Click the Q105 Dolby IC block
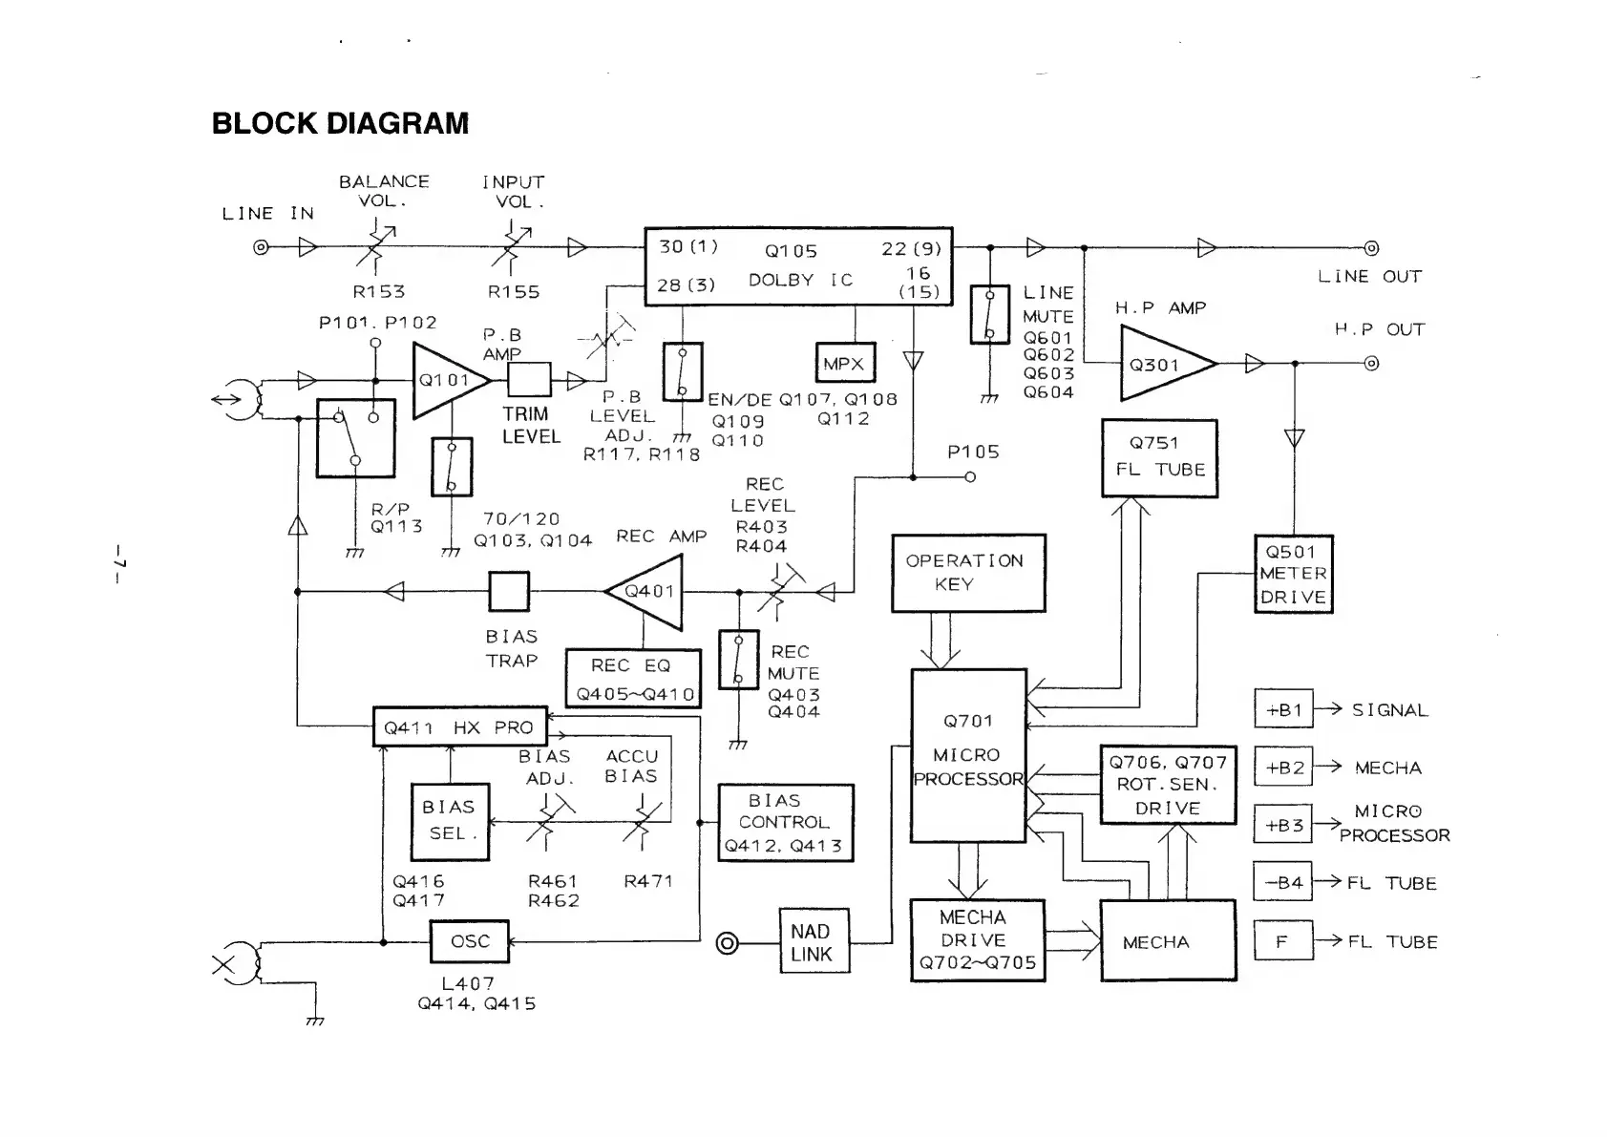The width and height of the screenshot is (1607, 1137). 798,266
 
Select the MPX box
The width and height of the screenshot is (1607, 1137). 845,363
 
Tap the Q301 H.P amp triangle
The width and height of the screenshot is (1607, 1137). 1161,364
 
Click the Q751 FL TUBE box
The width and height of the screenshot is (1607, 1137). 1159,458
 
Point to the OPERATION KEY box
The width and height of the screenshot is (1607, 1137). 968,573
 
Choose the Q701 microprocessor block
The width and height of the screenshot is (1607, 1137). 968,755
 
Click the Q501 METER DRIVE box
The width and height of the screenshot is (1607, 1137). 1293,574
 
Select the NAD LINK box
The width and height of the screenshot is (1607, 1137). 811,943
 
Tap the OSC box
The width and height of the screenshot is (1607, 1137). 469,941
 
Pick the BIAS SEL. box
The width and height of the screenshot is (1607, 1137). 449,821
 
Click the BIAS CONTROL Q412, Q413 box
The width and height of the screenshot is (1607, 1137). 784,823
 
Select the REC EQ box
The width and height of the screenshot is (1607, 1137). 632,679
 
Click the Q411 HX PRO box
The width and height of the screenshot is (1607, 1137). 459,727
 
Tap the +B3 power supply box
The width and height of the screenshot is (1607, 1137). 1283,825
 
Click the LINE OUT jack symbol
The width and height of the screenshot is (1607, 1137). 1371,248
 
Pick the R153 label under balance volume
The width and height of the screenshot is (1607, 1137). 379,292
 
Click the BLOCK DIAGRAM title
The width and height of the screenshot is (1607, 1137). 340,124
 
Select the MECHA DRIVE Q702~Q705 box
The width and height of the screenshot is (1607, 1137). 977,940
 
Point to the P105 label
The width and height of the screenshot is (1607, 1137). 973,452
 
